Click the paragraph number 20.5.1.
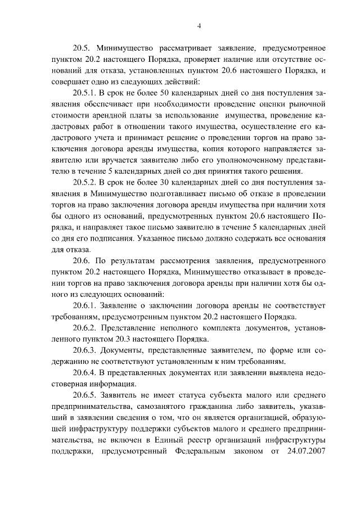(x=86, y=93)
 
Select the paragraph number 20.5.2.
(x=86, y=182)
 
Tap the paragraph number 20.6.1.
(x=86, y=304)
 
